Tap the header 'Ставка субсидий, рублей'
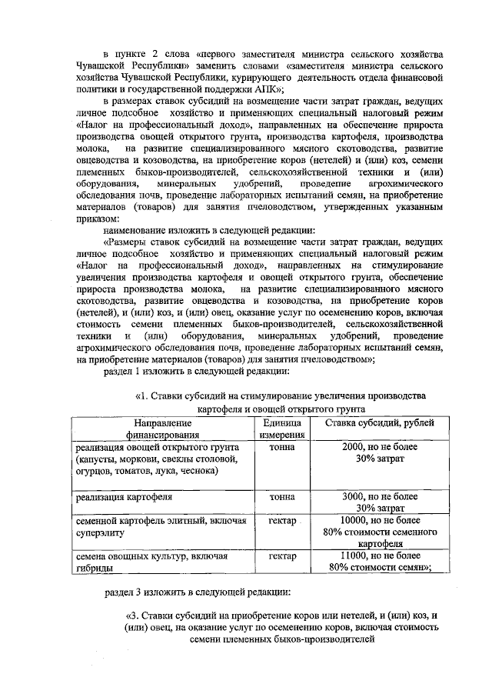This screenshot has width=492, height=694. click(x=379, y=423)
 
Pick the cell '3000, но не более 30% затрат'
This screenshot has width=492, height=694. click(x=379, y=502)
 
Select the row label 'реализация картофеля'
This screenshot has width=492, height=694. click(x=123, y=497)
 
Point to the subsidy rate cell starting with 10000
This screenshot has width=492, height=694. click(x=379, y=531)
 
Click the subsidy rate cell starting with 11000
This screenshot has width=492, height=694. click(x=379, y=561)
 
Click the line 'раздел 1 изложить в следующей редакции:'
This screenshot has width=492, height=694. click(x=196, y=373)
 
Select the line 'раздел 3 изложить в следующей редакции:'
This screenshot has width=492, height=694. click(x=196, y=593)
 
